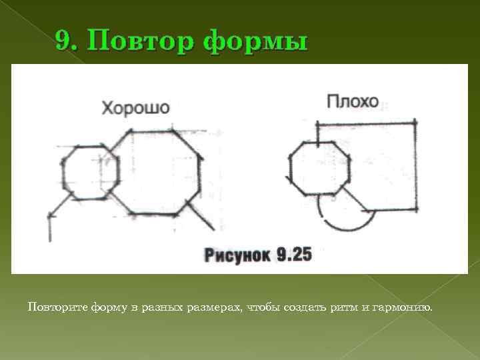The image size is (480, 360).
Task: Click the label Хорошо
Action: click(135, 107)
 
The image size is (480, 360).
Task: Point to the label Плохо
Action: click(353, 101)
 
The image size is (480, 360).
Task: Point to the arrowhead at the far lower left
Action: click(50, 215)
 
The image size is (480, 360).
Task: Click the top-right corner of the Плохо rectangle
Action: click(416, 123)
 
